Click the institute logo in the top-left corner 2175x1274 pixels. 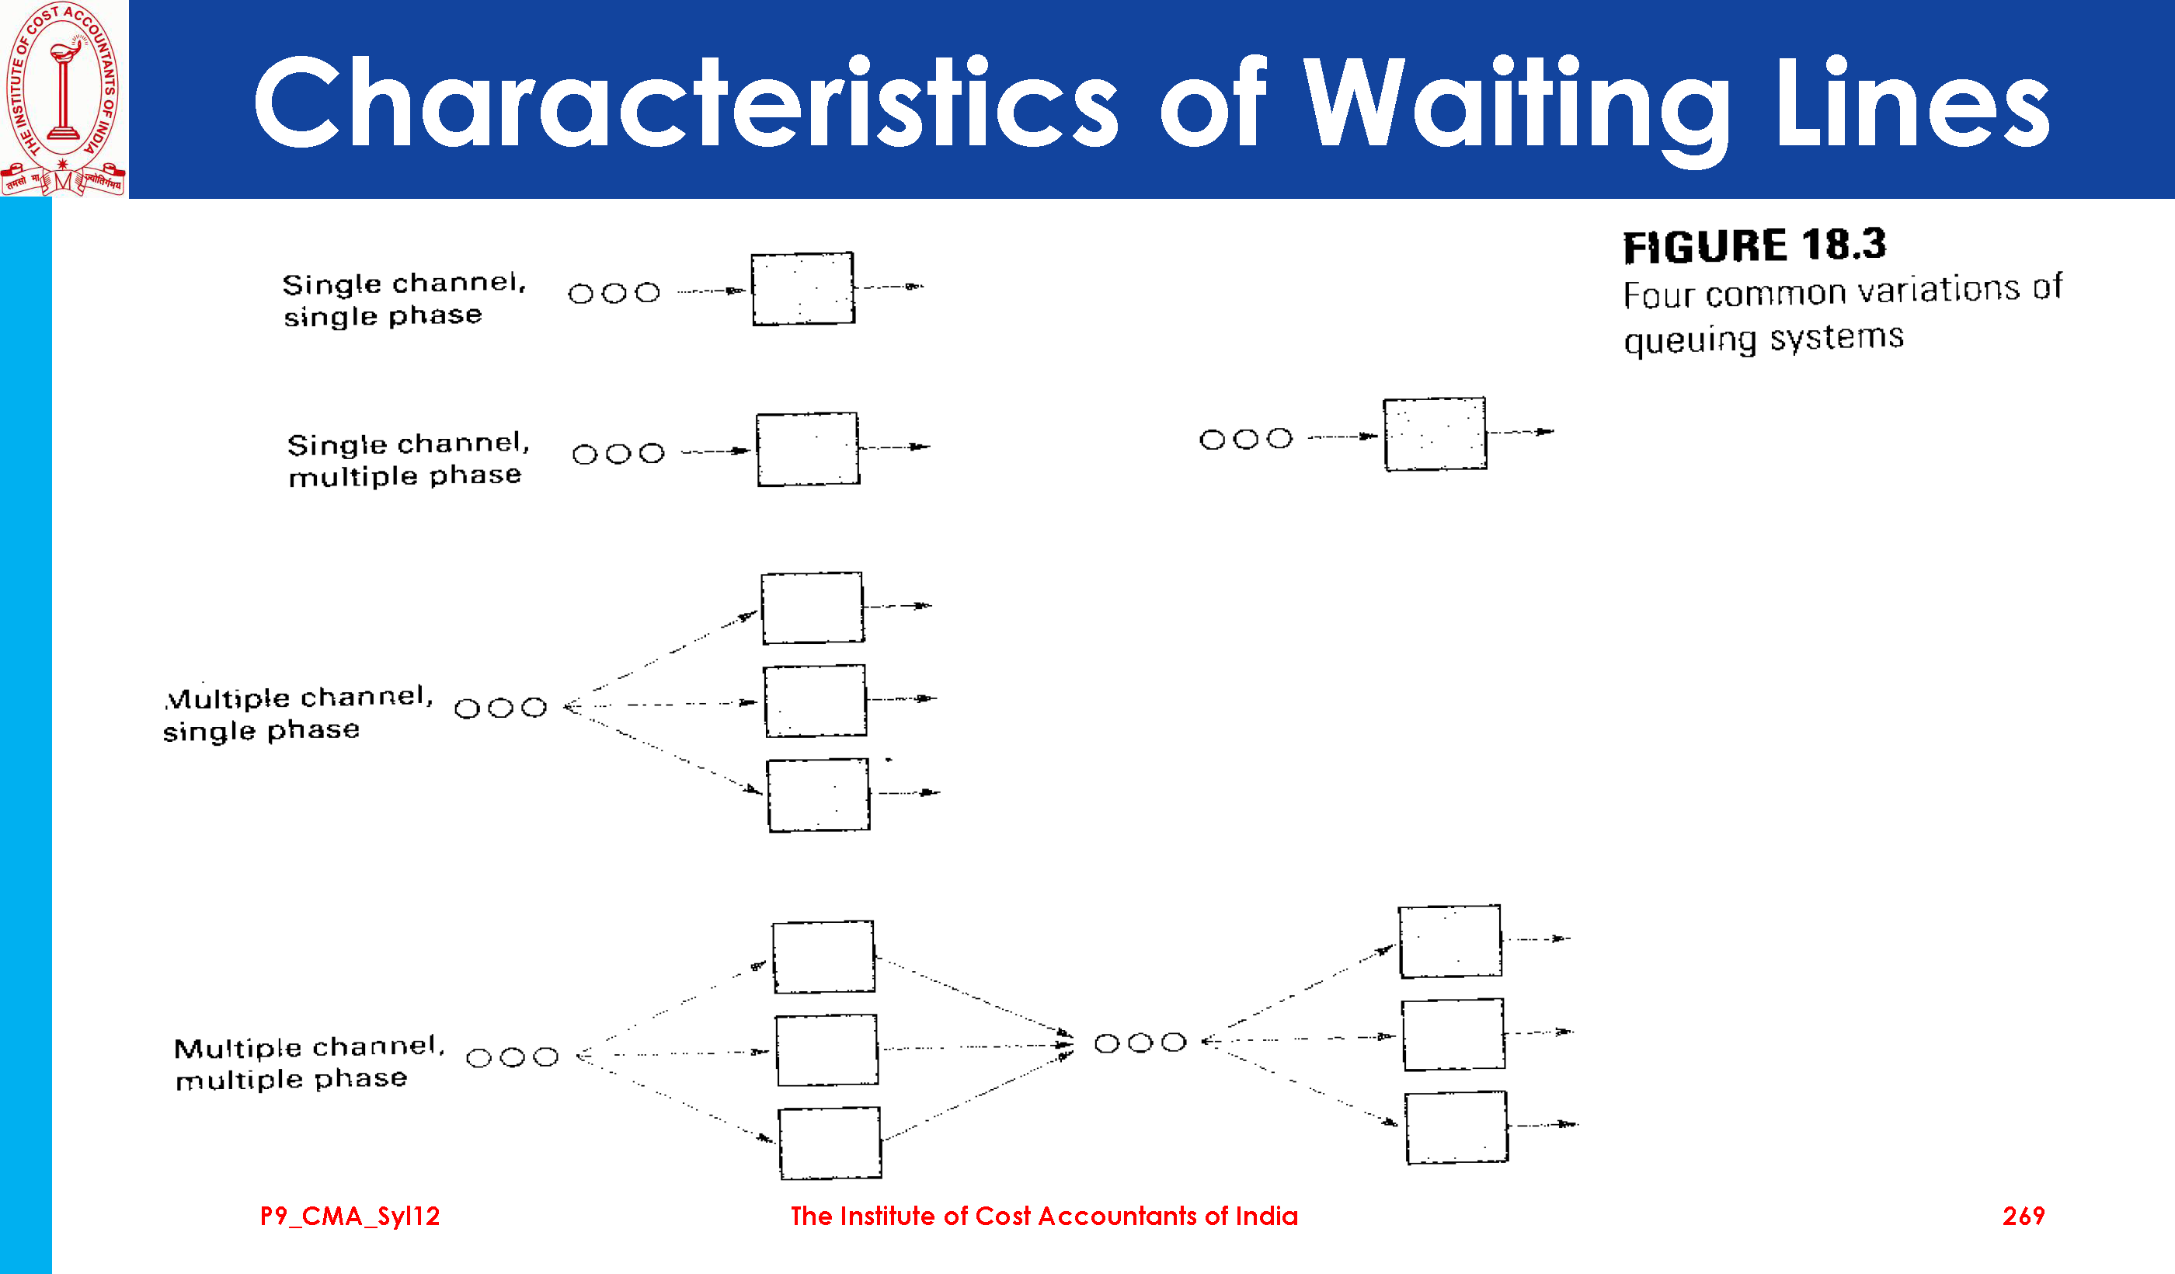coord(64,99)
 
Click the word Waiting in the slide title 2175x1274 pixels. coord(1516,103)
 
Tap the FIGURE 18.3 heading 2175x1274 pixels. coord(1754,246)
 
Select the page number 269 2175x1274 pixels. coord(2023,1217)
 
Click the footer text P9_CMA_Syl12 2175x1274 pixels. coord(350,1217)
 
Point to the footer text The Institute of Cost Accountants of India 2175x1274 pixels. coord(1043,1217)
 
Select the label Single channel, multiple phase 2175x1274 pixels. coord(407,459)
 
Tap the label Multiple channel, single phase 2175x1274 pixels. coord(298,713)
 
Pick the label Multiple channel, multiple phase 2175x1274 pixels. coord(308,1063)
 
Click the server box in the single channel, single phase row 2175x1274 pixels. coord(802,289)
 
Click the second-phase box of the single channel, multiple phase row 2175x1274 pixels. coord(1435,434)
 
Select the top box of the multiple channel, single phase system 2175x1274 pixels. coord(813,607)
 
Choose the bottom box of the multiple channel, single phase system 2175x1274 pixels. coord(818,795)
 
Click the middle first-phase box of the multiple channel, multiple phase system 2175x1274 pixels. coord(826,1049)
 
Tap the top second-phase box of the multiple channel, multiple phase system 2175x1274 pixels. coord(1450,941)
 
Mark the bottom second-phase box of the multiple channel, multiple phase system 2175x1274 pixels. coord(1456,1127)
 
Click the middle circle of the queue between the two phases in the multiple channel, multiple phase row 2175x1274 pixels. coord(1140,1043)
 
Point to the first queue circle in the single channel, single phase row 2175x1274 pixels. coord(581,294)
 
